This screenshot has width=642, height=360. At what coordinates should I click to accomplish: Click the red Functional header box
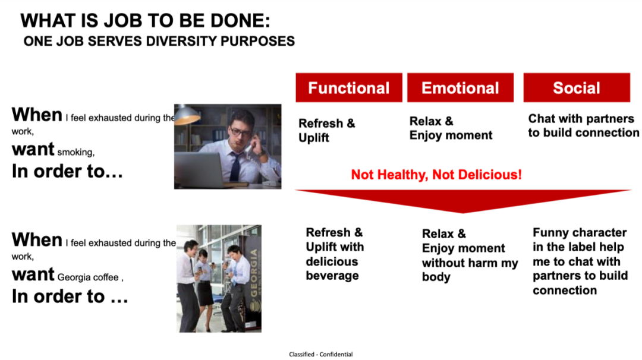click(349, 87)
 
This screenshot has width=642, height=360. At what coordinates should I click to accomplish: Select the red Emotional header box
click(460, 87)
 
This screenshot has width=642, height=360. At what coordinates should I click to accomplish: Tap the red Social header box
click(577, 87)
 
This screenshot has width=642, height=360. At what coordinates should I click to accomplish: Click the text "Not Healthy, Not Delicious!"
click(436, 175)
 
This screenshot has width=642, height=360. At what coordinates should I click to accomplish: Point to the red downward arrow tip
click(463, 213)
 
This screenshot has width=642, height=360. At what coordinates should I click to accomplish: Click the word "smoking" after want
click(75, 152)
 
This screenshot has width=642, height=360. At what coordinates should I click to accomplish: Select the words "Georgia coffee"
click(88, 277)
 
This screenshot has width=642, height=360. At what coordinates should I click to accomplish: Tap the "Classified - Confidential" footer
click(320, 354)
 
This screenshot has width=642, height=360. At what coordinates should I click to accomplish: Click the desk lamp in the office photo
click(186, 115)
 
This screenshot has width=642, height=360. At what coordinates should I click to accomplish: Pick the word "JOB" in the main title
click(130, 21)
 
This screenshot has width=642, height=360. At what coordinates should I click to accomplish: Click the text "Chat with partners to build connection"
click(584, 125)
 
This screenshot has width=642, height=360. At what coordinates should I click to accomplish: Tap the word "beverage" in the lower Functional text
click(332, 276)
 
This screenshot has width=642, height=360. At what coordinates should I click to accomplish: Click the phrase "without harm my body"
click(470, 270)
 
